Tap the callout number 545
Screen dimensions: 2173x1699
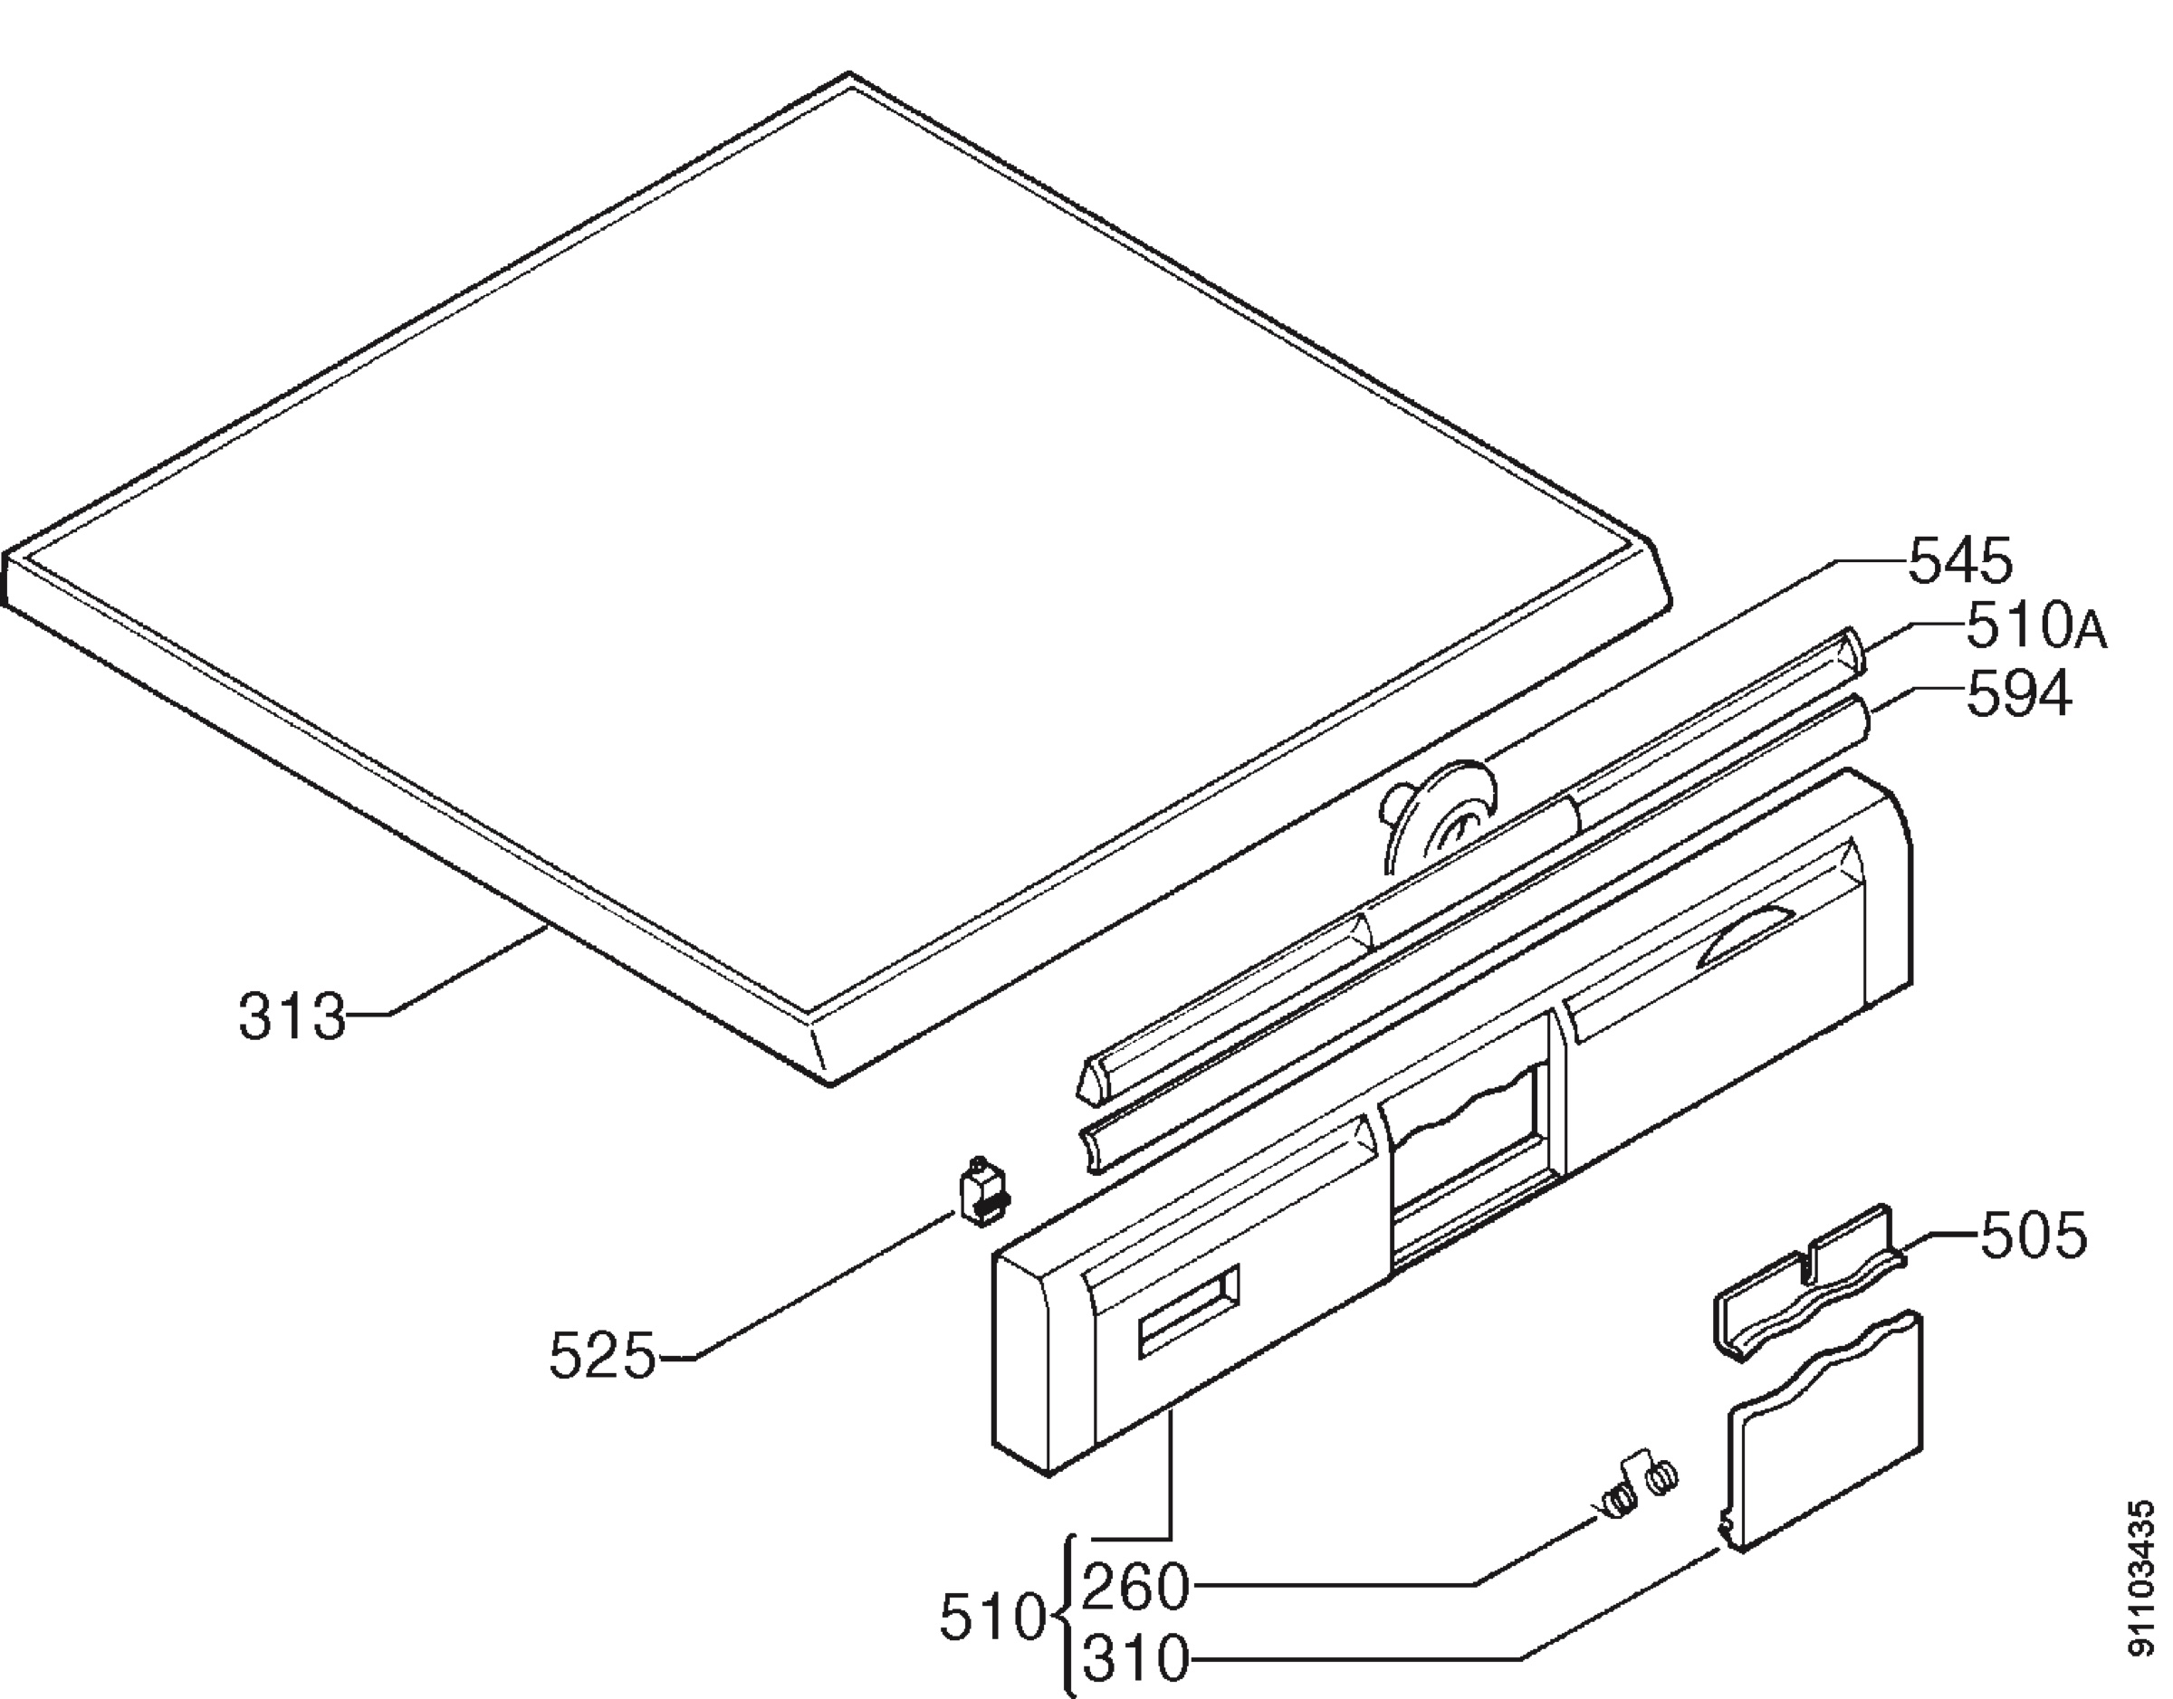[1960, 561]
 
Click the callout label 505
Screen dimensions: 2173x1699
[2033, 1237]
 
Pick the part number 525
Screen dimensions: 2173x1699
[603, 1356]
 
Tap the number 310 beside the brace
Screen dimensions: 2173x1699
[1135, 1660]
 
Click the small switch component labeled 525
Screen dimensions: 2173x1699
[983, 1192]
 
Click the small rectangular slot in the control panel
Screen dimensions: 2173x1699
[1189, 1311]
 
